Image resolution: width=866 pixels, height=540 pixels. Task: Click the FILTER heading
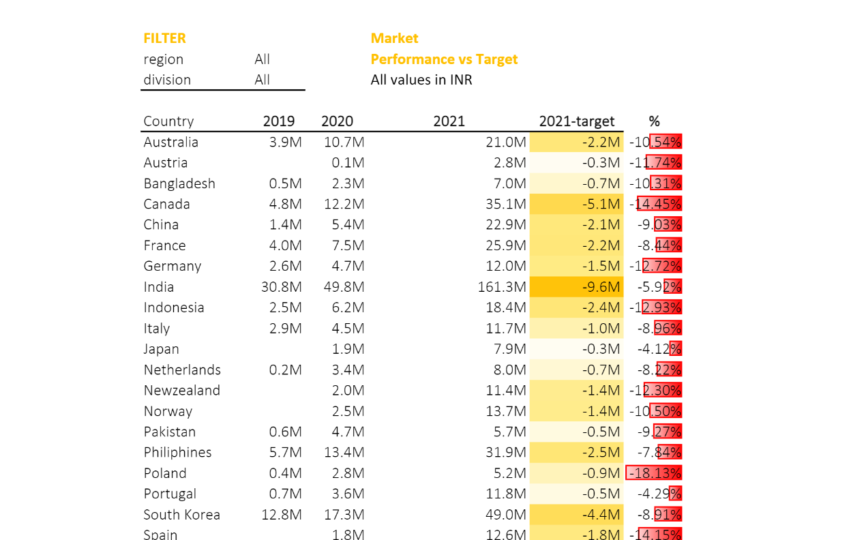click(164, 38)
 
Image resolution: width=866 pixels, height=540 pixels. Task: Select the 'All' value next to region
click(262, 59)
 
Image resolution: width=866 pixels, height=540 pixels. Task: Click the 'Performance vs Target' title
click(444, 59)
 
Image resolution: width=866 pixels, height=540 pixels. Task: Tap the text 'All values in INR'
click(421, 80)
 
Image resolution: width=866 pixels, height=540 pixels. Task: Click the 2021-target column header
click(576, 121)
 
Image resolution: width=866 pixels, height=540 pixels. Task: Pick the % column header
click(654, 121)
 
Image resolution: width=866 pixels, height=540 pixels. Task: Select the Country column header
click(168, 121)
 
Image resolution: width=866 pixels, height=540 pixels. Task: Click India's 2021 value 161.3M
click(502, 287)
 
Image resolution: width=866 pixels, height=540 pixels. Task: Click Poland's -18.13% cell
click(655, 473)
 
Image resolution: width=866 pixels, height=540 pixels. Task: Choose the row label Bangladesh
click(179, 183)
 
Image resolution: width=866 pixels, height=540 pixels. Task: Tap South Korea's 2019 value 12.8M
click(281, 515)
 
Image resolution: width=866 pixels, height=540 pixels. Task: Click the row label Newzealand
click(181, 391)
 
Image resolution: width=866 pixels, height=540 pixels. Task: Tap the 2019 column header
click(279, 121)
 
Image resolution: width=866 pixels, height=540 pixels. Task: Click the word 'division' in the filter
click(167, 80)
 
